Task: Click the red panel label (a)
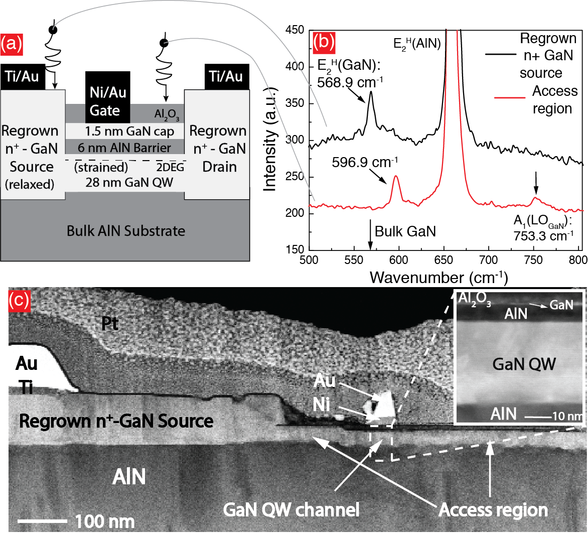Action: [x=12, y=45]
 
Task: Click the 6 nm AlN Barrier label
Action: [x=125, y=148]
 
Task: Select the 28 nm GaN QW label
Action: [x=125, y=182]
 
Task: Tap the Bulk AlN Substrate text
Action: [x=126, y=231]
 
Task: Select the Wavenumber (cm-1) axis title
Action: [x=438, y=277]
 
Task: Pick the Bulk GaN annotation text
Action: [x=405, y=232]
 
